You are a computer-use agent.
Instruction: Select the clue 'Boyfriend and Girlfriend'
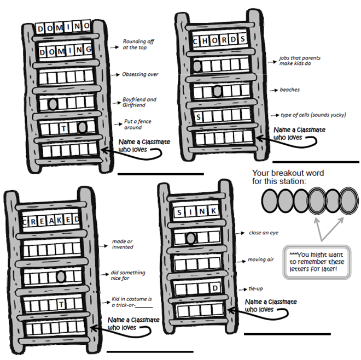(x=139, y=102)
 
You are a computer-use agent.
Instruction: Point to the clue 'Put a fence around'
(x=134, y=125)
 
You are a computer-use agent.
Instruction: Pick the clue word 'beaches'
(x=290, y=90)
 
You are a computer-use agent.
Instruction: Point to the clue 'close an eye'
(x=264, y=233)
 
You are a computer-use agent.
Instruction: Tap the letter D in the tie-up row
(x=216, y=288)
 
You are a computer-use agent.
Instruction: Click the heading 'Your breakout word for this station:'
(x=288, y=177)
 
